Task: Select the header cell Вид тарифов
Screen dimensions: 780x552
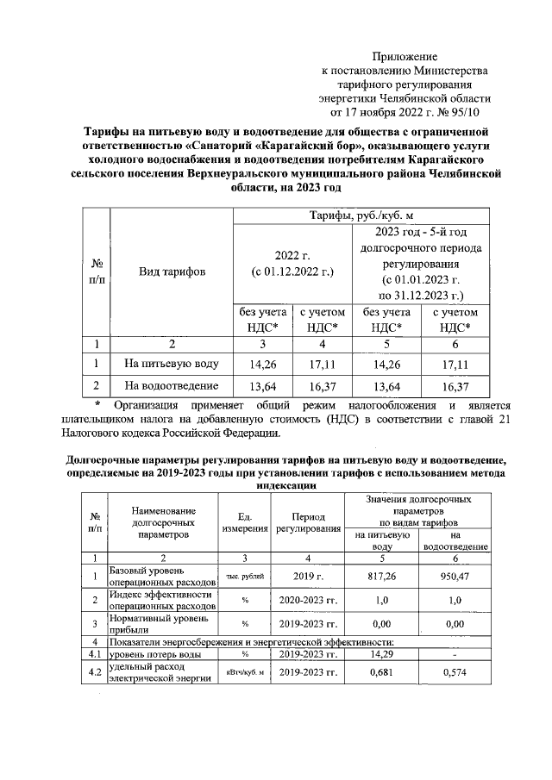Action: [172, 272]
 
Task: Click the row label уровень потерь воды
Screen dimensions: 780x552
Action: [149, 655]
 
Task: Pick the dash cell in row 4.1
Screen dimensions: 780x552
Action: [455, 655]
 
